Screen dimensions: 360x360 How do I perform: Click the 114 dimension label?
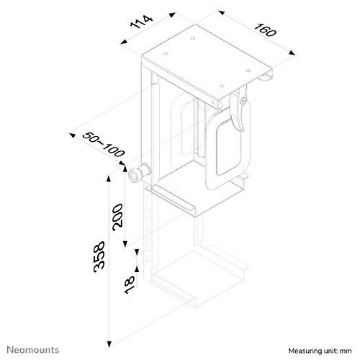coord(141,22)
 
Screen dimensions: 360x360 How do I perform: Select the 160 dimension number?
coord(265,30)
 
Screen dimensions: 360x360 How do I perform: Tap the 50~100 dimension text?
coord(103,144)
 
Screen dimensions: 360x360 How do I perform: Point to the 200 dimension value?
coord(117,217)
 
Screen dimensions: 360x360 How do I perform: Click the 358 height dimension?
coord(99,256)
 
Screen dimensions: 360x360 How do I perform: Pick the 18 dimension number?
coord(129,285)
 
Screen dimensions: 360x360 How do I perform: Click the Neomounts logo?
coord(33,350)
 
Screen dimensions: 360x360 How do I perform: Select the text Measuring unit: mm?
coord(320,351)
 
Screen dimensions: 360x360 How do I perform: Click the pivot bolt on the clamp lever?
coord(243,100)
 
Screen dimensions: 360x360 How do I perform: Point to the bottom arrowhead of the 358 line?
coord(109,344)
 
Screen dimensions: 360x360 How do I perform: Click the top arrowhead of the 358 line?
coord(109,178)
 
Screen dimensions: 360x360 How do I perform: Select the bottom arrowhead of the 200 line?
coord(125,244)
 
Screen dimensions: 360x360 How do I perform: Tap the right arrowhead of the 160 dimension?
coord(292,53)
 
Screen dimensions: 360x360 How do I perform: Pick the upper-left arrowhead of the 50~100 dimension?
coord(72,135)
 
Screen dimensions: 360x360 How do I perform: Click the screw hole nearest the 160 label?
coord(248,71)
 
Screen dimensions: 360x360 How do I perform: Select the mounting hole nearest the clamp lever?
coord(221,86)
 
